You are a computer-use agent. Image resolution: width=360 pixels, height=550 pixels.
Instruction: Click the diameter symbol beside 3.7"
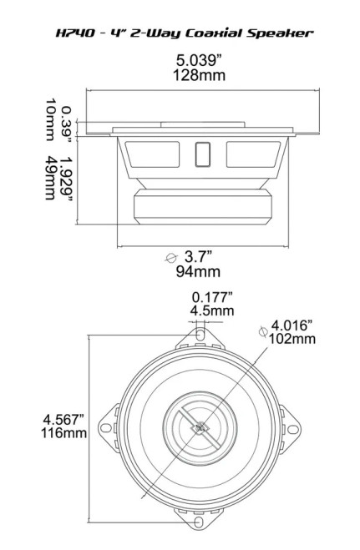click(173, 258)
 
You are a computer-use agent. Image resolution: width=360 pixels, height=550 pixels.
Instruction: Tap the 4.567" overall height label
click(64, 420)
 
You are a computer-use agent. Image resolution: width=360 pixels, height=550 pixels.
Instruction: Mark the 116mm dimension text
click(64, 434)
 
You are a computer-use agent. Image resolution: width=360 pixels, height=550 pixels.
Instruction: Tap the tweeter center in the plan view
click(200, 430)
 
